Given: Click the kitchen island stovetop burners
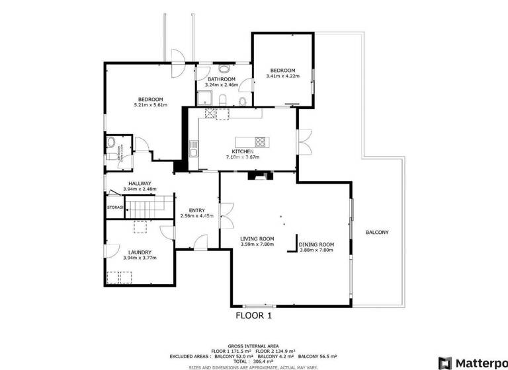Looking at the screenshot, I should [260, 141].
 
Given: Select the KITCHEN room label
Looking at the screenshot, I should [242, 151].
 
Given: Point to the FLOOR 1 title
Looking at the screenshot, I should [254, 316].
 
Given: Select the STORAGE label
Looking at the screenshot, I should [116, 207].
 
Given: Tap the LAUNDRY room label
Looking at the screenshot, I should [140, 252].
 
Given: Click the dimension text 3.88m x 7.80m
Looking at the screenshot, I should [317, 250].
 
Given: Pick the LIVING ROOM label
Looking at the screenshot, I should [257, 239].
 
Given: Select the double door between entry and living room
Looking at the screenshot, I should [221, 215].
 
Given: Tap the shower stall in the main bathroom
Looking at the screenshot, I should [205, 99].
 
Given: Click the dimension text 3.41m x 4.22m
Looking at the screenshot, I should [282, 76].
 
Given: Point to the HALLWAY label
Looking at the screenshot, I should [140, 184].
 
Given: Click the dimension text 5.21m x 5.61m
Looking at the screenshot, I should [150, 105].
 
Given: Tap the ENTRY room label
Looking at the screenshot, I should [196, 210].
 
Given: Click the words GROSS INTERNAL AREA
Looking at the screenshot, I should [254, 346].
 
